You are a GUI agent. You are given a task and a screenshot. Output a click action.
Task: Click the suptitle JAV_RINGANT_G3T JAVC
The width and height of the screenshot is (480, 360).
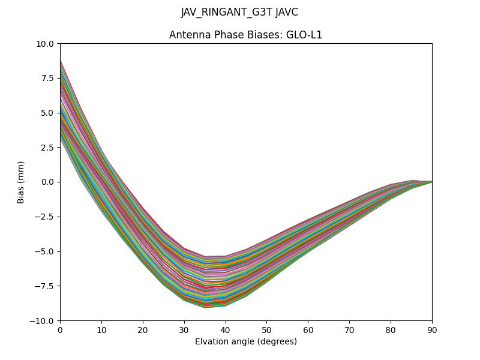coord(239,13)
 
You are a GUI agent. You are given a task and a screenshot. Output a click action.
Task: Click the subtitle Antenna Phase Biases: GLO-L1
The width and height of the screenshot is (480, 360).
coord(245,35)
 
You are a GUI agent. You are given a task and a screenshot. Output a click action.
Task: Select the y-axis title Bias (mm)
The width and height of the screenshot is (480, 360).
coord(21,182)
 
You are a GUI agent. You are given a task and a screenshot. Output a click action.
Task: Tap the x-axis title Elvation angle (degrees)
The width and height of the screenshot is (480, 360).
coord(245,342)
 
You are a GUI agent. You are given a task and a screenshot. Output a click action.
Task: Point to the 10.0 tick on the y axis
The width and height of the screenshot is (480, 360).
coord(46,44)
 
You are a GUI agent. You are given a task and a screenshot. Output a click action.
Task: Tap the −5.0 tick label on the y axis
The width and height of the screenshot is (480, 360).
coord(46,251)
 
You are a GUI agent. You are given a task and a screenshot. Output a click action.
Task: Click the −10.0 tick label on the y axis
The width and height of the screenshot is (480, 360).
coord(43,320)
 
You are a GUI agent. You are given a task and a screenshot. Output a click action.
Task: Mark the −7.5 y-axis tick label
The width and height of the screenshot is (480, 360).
coord(46,286)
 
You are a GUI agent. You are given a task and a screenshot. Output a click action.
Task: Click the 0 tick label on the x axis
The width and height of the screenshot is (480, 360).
coord(60,329)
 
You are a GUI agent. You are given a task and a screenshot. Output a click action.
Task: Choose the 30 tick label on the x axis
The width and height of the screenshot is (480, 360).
coord(184,329)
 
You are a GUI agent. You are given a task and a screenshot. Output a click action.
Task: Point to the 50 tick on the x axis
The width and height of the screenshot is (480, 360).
coord(266,329)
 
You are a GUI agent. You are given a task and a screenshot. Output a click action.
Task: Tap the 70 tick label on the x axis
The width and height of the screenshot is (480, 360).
coord(349,329)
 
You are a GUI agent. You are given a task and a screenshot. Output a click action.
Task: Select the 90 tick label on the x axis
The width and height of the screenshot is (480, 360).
coord(431,329)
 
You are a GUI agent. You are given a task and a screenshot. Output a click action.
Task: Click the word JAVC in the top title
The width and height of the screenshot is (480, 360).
coord(286,13)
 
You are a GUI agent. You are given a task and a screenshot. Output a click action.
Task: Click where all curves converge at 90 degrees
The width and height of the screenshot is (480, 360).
coord(431,181)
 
